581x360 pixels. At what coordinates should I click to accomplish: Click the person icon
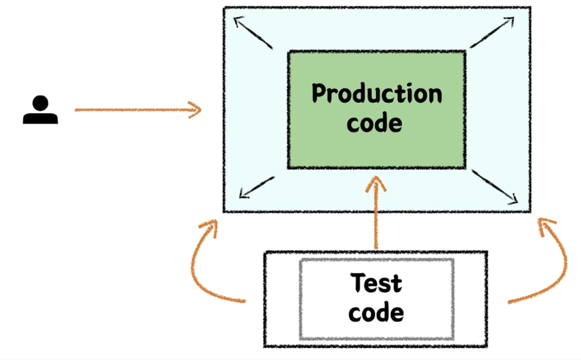pyautogui.click(x=40, y=111)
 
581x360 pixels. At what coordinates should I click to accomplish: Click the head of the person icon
pyautogui.click(x=40, y=103)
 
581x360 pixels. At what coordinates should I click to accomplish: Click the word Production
pyautogui.click(x=377, y=94)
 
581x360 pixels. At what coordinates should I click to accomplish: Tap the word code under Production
pyautogui.click(x=375, y=123)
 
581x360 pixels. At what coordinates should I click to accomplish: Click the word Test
pyautogui.click(x=376, y=283)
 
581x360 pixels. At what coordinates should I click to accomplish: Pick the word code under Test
pyautogui.click(x=376, y=312)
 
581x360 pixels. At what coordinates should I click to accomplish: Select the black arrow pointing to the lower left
pyautogui.click(x=257, y=187)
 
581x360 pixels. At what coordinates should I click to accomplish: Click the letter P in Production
pyautogui.click(x=320, y=94)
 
